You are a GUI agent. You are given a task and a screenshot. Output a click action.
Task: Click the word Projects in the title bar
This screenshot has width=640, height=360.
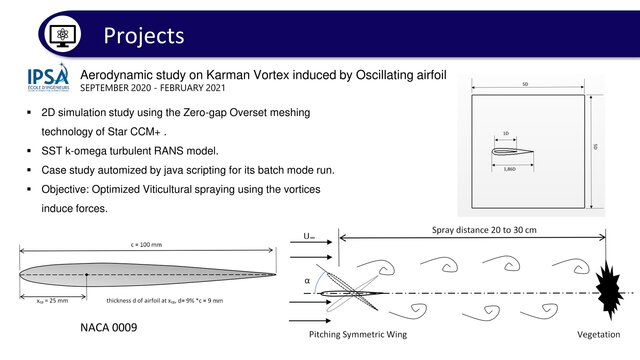point(144,35)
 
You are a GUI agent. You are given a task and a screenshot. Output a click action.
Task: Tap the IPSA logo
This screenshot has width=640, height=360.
point(48,78)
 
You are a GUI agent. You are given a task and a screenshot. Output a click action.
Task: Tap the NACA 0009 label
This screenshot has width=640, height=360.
point(108,327)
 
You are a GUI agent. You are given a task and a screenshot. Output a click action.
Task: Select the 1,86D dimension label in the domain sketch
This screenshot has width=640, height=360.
point(509,171)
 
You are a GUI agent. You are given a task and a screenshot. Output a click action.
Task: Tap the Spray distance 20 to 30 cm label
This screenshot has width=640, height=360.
point(474,229)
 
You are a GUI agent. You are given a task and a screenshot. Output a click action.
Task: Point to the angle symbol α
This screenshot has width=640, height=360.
point(307,282)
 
